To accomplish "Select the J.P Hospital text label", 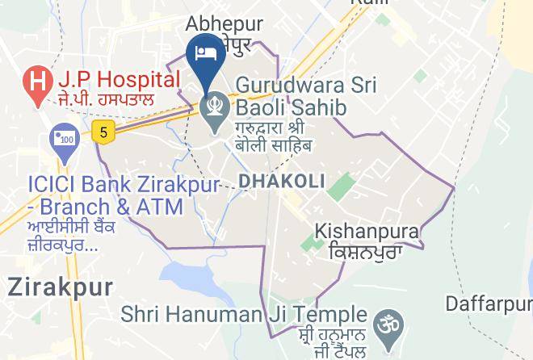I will (x=118, y=80).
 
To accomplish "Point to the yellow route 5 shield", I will (x=101, y=132).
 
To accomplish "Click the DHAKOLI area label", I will (x=282, y=181).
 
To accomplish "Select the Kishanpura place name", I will (x=367, y=232).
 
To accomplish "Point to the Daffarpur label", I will (x=489, y=304).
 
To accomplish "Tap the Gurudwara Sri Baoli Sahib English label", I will (x=292, y=96).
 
